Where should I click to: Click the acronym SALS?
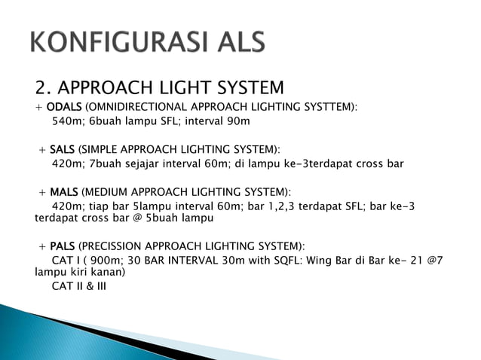(x=60, y=148)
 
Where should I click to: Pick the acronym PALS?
(x=62, y=246)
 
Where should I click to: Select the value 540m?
(x=67, y=121)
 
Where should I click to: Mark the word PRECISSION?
(x=118, y=246)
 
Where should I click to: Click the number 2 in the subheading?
(x=41, y=87)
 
